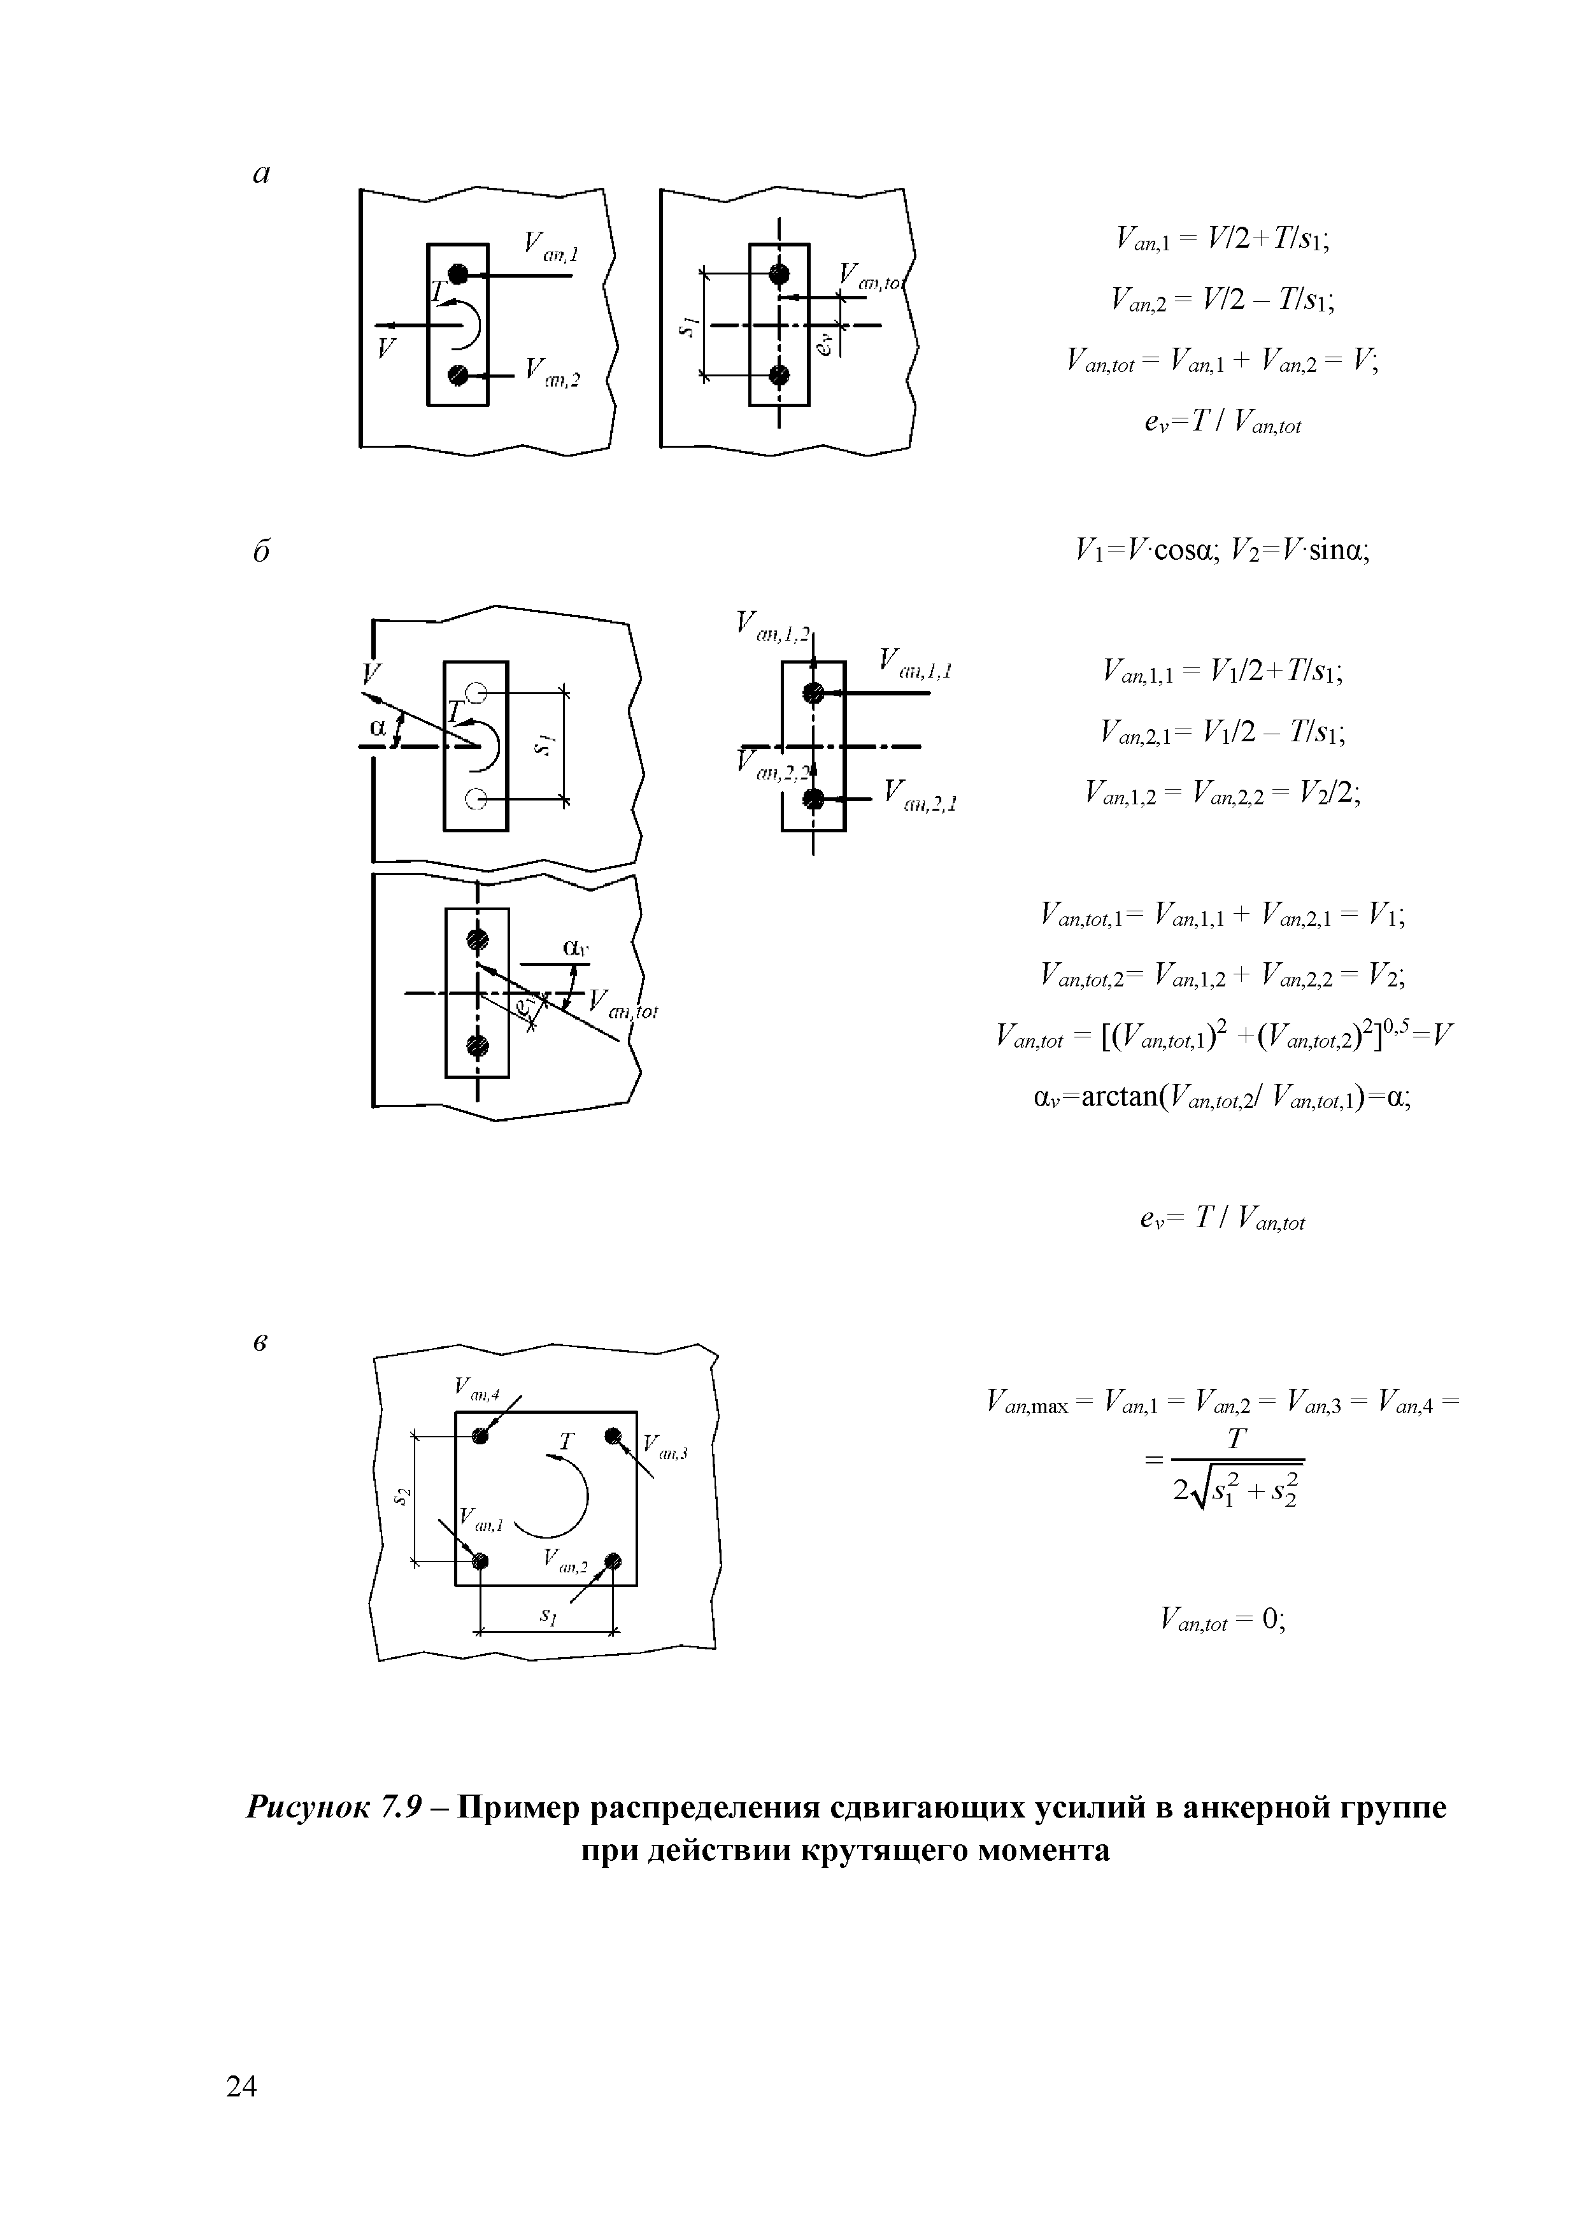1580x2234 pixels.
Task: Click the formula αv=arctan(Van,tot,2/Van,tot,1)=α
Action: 1221,1099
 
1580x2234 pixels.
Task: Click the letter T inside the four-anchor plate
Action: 566,1441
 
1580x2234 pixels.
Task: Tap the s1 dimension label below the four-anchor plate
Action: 548,1615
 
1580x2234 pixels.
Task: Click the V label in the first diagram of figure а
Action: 387,347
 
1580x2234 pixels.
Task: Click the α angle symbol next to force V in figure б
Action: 378,727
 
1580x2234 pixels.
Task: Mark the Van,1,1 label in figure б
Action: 915,665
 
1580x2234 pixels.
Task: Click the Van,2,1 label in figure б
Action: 920,796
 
